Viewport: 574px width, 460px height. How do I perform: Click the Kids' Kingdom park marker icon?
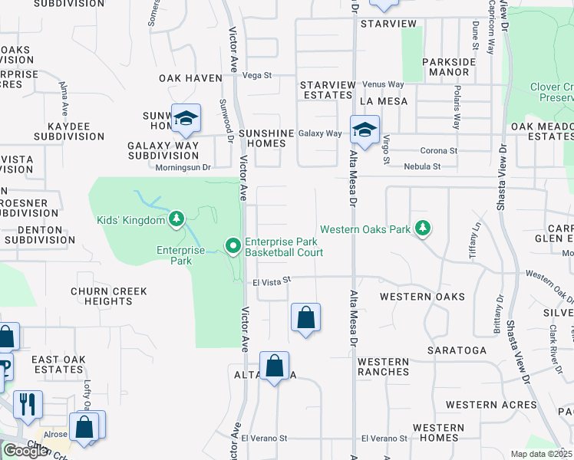click(176, 220)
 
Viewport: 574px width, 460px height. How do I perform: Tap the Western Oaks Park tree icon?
click(421, 228)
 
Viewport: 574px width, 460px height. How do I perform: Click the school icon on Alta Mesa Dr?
click(365, 129)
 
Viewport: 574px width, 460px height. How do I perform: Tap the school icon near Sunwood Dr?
click(186, 118)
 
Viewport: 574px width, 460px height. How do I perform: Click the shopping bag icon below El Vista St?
click(305, 317)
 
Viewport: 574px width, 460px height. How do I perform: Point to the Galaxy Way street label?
click(320, 133)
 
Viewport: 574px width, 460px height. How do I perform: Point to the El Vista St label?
click(273, 282)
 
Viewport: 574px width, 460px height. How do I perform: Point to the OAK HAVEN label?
click(190, 78)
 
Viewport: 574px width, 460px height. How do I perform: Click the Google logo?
click(25, 451)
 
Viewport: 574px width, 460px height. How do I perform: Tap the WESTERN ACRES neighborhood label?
click(491, 405)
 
